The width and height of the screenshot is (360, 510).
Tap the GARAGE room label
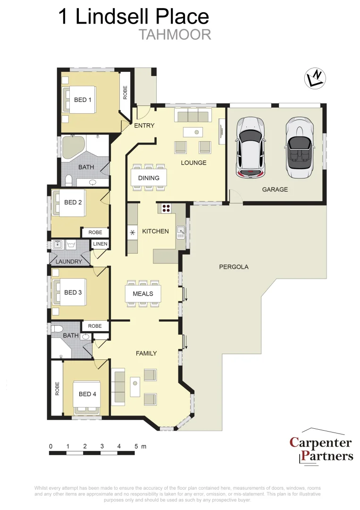pyautogui.click(x=275, y=189)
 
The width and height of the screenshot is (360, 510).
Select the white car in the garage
pyautogui.click(x=251, y=147)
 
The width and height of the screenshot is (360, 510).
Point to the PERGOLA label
pyautogui.click(x=234, y=267)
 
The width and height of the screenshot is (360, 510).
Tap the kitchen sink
pyautogui.click(x=180, y=231)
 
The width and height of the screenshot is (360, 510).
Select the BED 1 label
pyautogui.click(x=83, y=100)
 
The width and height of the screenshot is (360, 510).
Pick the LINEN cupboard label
pyautogui.click(x=100, y=244)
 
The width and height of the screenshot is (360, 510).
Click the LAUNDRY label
pyautogui.click(x=69, y=261)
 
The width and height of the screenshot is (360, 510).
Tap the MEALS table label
pyautogui.click(x=142, y=294)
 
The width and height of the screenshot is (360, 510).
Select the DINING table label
pyautogui.click(x=149, y=178)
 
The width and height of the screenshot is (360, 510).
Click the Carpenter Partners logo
pyautogui.click(x=321, y=449)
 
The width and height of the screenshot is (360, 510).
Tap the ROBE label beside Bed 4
pyautogui.click(x=57, y=388)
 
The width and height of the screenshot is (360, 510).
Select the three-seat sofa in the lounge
pyautogui.click(x=192, y=115)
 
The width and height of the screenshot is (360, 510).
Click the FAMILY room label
pyautogui.click(x=146, y=353)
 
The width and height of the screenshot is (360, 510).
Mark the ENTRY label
pyautogui.click(x=144, y=125)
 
